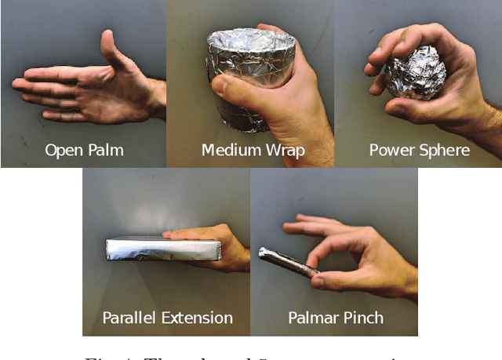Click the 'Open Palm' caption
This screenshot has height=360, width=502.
[85, 150]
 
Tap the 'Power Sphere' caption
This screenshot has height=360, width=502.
[420, 150]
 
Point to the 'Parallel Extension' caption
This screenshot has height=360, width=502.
[167, 318]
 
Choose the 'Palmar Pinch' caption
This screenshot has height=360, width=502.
[336, 318]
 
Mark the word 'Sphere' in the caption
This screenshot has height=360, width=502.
[445, 150]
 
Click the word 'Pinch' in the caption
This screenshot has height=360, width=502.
[363, 318]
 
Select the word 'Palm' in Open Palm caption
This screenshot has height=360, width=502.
[106, 150]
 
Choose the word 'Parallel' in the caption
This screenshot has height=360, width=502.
[130, 318]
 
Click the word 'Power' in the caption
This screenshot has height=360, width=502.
[393, 150]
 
